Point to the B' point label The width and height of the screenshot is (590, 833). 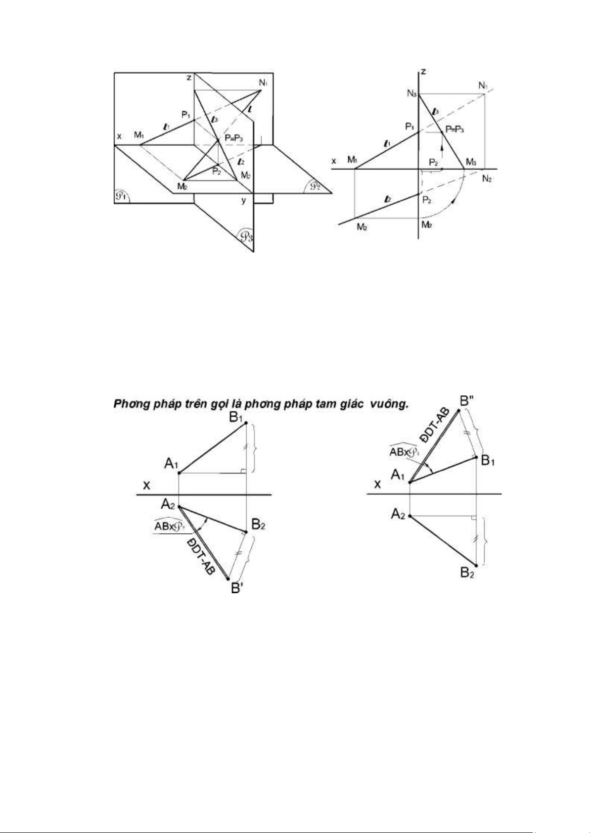[x=238, y=589]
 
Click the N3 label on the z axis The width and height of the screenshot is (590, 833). [x=412, y=93]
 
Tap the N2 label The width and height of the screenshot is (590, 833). [x=487, y=178]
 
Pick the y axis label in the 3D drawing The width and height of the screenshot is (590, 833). [x=243, y=200]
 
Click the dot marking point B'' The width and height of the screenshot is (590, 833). [x=459, y=410]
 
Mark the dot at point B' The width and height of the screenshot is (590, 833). [x=228, y=578]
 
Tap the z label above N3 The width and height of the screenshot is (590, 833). [x=424, y=72]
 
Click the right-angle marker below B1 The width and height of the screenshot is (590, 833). [x=243, y=471]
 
